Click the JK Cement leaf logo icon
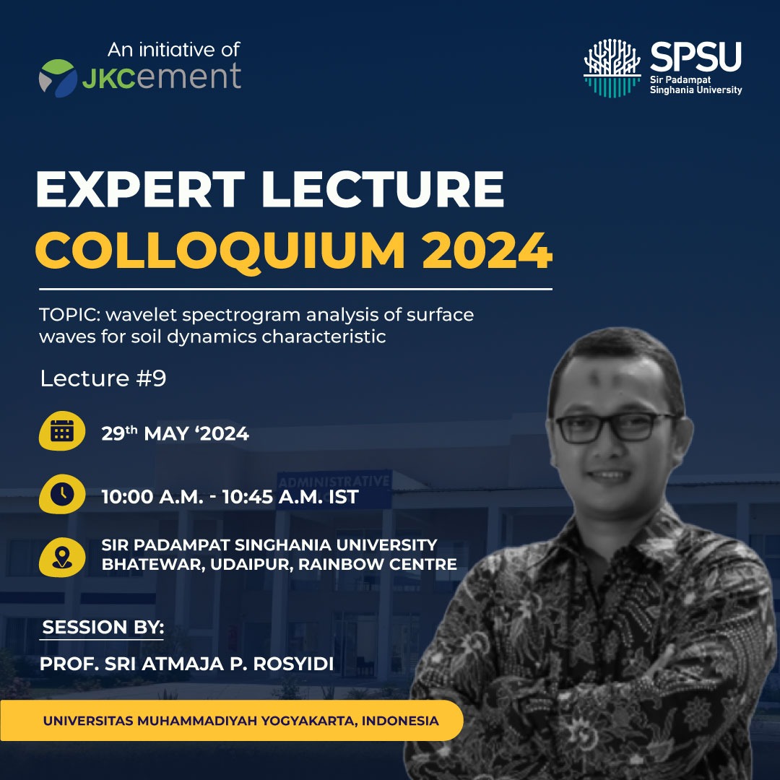(58, 77)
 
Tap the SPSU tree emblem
(612, 68)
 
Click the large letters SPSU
(695, 56)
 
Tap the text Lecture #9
(103, 378)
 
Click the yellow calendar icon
(62, 430)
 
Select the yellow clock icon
(62, 494)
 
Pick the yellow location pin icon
(62, 557)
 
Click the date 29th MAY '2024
(175, 433)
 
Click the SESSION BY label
(103, 627)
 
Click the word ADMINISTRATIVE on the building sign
(334, 481)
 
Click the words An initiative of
(174, 50)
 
